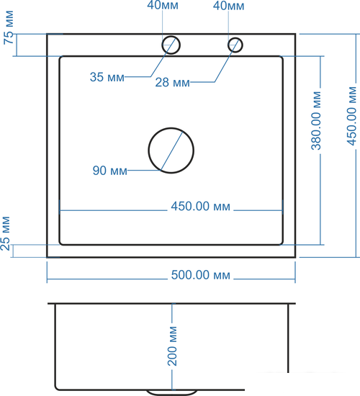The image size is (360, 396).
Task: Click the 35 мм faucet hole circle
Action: point(162,45)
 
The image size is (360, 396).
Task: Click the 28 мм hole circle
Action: point(228,45)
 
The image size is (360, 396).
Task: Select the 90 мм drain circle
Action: point(148,150)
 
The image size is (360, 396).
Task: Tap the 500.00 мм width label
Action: point(201,275)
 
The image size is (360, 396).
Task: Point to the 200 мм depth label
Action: point(172,346)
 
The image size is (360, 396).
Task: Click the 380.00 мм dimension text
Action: point(316,121)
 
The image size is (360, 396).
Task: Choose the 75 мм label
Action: point(9,27)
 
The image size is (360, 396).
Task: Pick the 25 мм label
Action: point(6,233)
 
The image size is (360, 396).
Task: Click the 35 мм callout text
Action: point(107,77)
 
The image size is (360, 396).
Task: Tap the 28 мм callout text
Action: point(173,82)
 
